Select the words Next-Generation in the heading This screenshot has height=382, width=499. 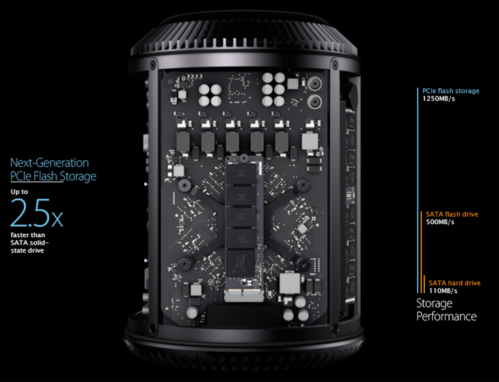point(49,163)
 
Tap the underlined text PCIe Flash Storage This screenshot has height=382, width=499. point(53,177)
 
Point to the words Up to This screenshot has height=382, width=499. point(20,191)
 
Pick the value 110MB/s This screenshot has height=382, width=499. point(443,291)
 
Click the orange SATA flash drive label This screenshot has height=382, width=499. point(453,214)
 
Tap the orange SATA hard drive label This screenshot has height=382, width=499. point(455,282)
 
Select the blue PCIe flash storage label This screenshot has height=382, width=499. point(450,91)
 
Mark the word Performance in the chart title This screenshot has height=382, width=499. point(446,316)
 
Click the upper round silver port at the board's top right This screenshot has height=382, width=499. point(315,84)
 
